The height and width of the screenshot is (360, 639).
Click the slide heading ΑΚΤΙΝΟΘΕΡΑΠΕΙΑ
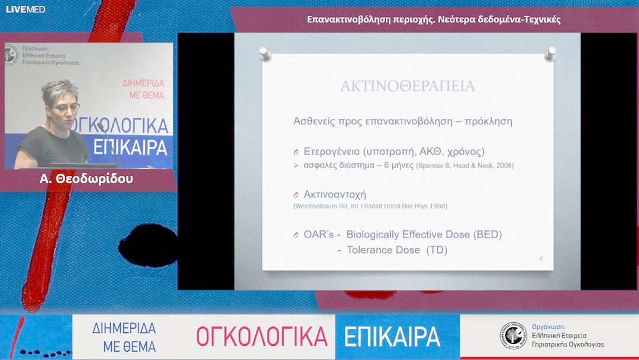tap(407, 86)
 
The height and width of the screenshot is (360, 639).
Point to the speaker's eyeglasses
tap(64, 108)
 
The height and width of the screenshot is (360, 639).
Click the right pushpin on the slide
tap(551, 53)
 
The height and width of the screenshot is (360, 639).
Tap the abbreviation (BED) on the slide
tap(487, 234)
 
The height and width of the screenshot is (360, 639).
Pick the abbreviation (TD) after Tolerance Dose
tap(437, 250)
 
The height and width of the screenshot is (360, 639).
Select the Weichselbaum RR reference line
tap(370, 206)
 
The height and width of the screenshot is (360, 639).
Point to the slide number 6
tap(541, 258)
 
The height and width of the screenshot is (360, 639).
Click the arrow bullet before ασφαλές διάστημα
tap(296, 166)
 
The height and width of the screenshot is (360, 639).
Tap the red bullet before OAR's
tap(296, 235)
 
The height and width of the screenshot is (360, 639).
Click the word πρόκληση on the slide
tap(489, 121)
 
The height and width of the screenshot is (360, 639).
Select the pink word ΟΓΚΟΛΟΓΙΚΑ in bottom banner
tap(262, 336)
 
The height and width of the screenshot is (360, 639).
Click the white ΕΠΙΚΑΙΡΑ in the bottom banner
tap(392, 336)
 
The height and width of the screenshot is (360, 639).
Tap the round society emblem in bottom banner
tap(512, 336)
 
